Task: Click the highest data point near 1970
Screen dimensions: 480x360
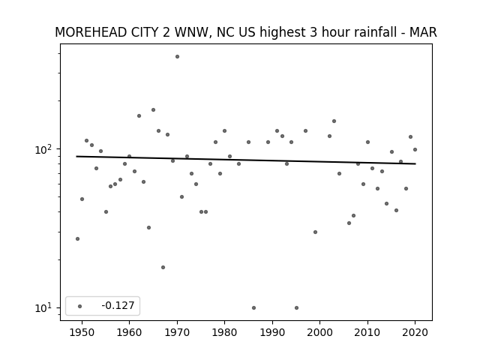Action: (x=177, y=57)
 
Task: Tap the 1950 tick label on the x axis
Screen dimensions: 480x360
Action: (x=82, y=332)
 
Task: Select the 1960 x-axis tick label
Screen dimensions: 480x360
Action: (x=129, y=332)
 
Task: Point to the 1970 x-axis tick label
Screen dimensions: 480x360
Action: (x=177, y=332)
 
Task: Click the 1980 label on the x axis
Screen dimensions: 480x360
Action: (x=224, y=332)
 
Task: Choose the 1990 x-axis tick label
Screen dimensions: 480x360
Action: (x=272, y=332)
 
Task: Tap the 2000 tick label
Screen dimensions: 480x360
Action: (x=319, y=332)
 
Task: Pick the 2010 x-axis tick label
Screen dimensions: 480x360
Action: (x=367, y=332)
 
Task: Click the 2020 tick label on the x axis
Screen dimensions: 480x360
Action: (x=415, y=332)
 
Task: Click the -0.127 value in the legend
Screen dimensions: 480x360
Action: (x=118, y=305)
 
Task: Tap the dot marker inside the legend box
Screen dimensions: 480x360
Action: (x=80, y=306)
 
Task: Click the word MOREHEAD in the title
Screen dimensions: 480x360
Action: (x=91, y=32)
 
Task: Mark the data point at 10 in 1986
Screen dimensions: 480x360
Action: (x=253, y=307)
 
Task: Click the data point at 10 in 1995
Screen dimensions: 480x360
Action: (x=297, y=307)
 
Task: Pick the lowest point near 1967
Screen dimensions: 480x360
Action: (x=163, y=267)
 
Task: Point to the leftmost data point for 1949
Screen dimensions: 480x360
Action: (x=77, y=238)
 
